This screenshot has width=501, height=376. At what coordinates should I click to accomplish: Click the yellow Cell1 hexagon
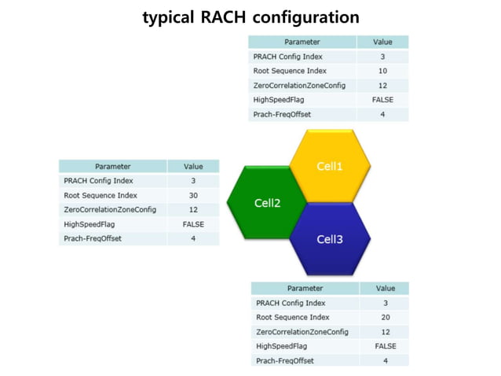(x=330, y=166)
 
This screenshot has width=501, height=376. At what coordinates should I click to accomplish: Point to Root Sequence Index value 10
(x=382, y=71)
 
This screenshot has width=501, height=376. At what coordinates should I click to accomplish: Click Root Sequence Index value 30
(x=192, y=195)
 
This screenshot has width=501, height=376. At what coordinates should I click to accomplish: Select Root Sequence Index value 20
(x=385, y=317)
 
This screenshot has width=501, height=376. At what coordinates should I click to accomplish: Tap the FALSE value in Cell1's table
(x=382, y=100)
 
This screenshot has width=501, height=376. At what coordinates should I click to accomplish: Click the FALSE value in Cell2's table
(x=192, y=224)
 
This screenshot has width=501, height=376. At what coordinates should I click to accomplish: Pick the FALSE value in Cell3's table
(x=385, y=346)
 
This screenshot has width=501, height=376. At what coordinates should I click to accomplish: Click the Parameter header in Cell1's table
(x=302, y=42)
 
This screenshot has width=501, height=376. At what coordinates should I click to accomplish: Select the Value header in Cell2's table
(x=192, y=166)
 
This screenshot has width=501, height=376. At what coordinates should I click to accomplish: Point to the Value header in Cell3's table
(x=385, y=289)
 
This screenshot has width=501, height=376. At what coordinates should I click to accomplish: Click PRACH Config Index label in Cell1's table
(x=287, y=57)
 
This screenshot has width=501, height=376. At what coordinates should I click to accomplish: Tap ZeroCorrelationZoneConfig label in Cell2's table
(x=110, y=209)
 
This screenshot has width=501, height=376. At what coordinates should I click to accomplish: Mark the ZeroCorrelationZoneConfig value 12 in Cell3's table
(x=385, y=332)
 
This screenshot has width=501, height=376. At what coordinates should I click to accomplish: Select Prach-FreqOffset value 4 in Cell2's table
(x=192, y=238)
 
